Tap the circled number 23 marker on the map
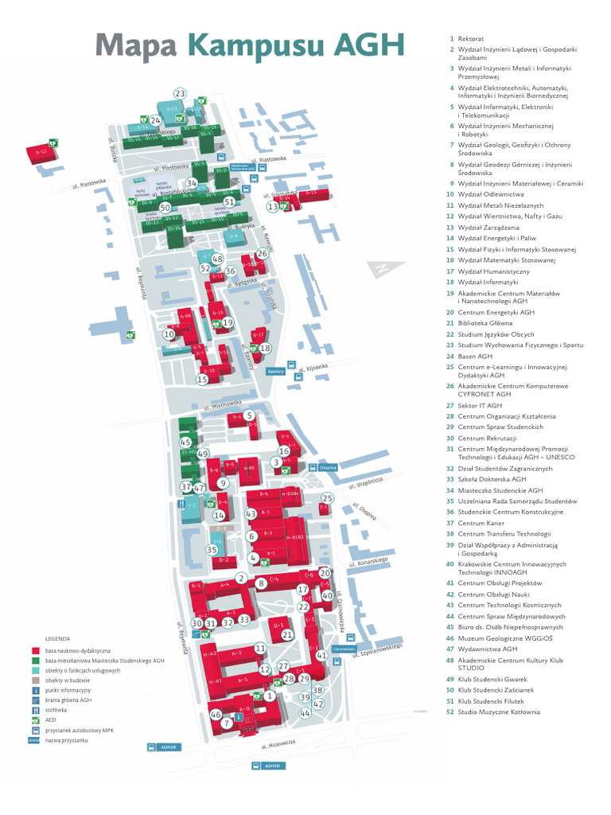[x=180, y=94]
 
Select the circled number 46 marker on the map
[x=216, y=715]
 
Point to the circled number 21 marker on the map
[x=287, y=634]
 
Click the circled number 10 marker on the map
[x=169, y=334]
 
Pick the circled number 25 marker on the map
[x=328, y=499]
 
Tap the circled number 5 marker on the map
[x=249, y=415]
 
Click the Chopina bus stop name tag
[x=329, y=468]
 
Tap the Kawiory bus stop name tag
[x=276, y=371]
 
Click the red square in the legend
[x=36, y=650]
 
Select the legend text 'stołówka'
[x=56, y=710]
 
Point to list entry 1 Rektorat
[x=470, y=38]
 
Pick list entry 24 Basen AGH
[x=474, y=357]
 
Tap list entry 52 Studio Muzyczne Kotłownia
[x=498, y=712]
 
